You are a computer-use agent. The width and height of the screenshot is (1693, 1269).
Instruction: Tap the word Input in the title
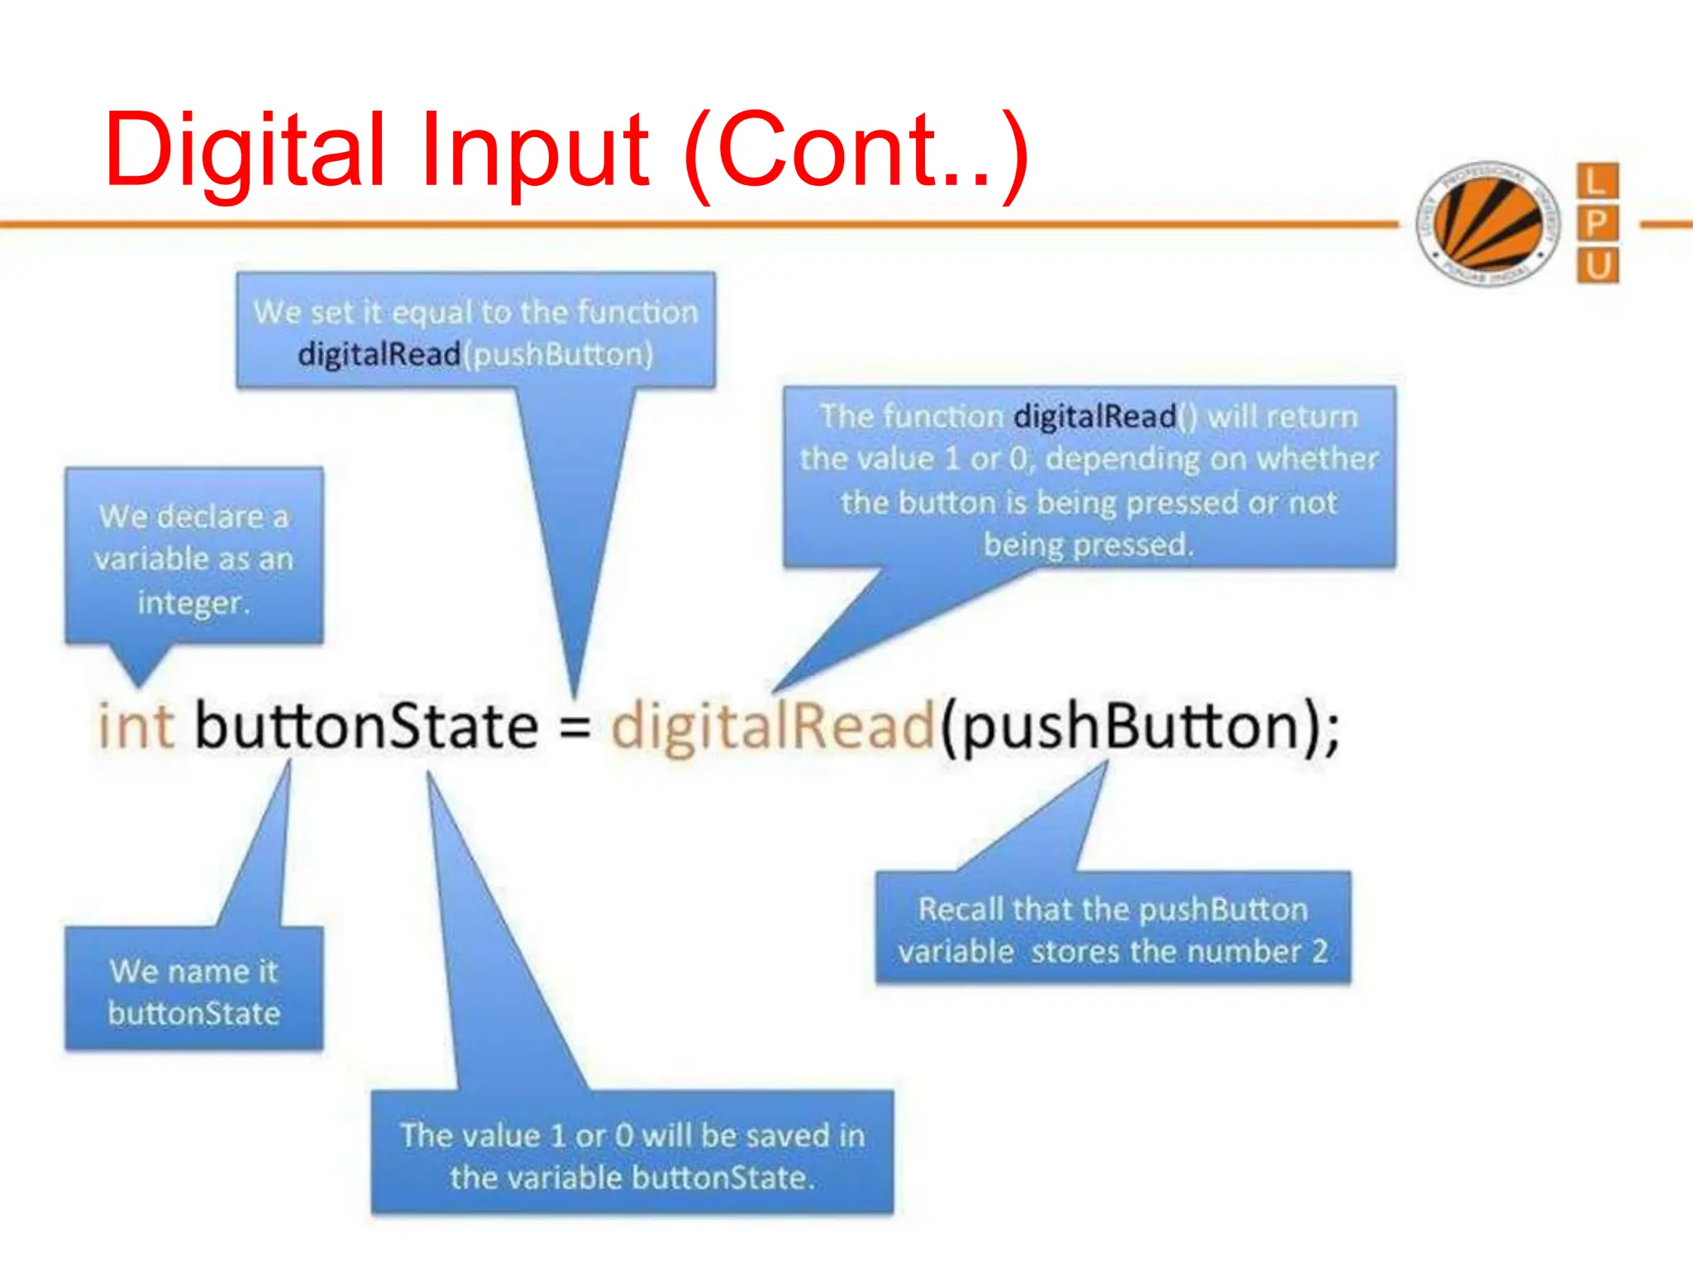click(x=534, y=151)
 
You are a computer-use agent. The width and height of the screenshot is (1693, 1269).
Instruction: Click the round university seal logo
click(x=1487, y=223)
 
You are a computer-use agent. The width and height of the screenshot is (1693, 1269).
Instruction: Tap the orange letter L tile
click(x=1597, y=181)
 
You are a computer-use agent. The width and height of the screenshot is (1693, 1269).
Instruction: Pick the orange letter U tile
click(x=1597, y=266)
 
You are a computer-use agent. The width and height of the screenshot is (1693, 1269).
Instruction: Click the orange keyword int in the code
click(x=136, y=726)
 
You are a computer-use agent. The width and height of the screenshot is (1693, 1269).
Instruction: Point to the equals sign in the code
click(x=575, y=728)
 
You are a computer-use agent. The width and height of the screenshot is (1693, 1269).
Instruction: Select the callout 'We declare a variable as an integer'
click(x=194, y=558)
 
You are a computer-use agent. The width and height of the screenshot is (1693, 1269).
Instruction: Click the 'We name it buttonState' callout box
click(x=194, y=991)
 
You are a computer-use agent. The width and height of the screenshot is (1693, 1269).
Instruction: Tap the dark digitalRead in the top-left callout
click(x=379, y=354)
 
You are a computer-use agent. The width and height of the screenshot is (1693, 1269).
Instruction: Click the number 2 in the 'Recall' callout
click(x=1319, y=952)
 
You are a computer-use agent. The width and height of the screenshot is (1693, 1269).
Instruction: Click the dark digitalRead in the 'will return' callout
click(x=1095, y=416)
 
